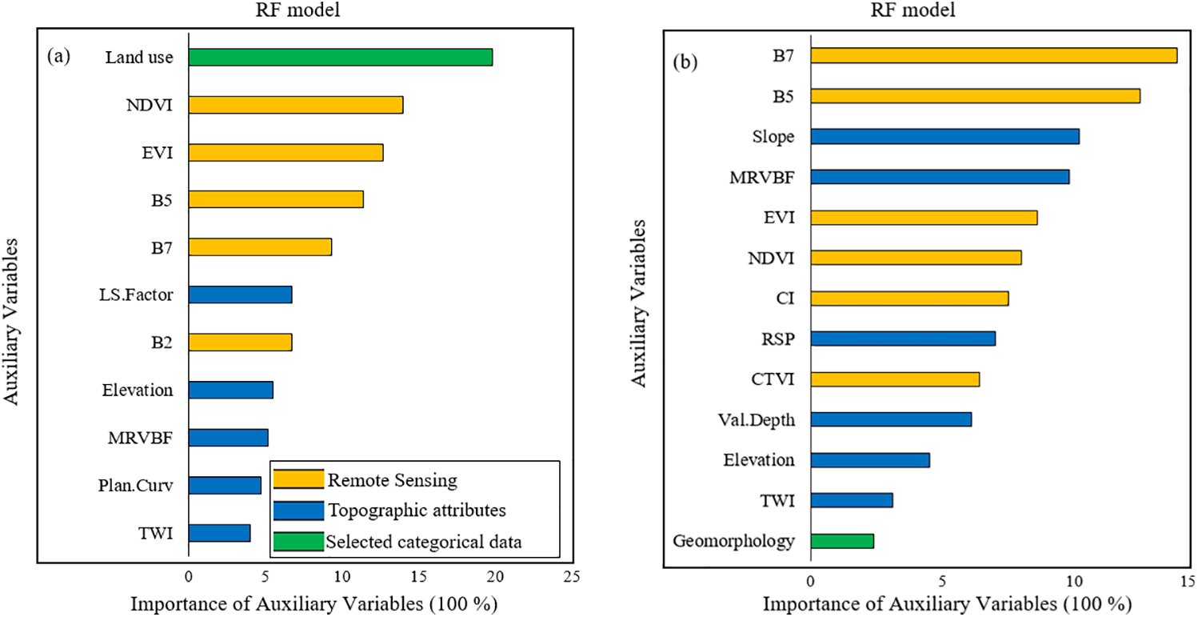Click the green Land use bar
(x=340, y=58)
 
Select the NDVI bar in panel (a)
(x=295, y=105)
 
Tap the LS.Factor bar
(x=240, y=294)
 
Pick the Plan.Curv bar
(x=224, y=485)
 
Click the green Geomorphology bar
(x=841, y=541)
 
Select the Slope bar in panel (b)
(x=944, y=136)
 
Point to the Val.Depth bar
(x=891, y=419)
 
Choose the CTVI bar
(x=895, y=379)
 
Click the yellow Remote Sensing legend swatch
(x=298, y=480)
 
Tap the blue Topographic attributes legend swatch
(x=298, y=511)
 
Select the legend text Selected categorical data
(x=424, y=542)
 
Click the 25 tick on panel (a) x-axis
(x=570, y=575)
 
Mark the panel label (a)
(x=60, y=57)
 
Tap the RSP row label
(x=780, y=339)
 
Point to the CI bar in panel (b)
(x=909, y=298)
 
